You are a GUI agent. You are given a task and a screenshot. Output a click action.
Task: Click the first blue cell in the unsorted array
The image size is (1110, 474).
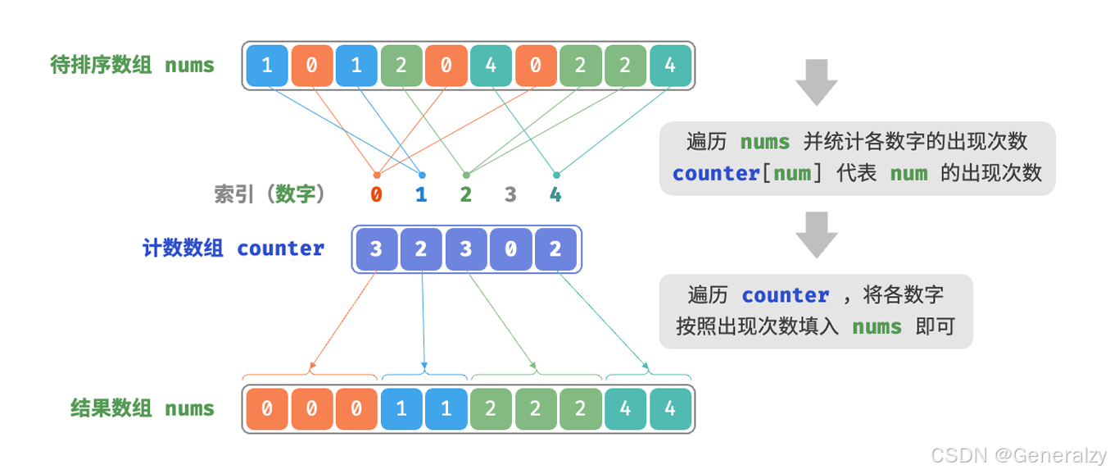267,66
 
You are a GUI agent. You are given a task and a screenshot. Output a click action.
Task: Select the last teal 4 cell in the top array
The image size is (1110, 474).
670,66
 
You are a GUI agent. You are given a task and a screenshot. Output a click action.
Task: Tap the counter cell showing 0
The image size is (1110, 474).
510,249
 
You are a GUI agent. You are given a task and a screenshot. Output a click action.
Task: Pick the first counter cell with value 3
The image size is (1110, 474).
376,249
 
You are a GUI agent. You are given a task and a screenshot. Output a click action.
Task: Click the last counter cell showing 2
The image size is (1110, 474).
555,249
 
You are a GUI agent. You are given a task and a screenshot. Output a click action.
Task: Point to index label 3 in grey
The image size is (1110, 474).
510,195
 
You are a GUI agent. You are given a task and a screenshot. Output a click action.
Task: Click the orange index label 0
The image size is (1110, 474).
376,195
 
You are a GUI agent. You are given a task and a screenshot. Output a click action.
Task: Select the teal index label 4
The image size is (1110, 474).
555,195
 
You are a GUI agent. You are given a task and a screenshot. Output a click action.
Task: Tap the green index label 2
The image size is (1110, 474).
465,195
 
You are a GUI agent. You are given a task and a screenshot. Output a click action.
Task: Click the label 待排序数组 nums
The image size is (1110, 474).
133,66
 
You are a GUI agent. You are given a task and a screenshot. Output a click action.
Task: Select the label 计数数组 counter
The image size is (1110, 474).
233,248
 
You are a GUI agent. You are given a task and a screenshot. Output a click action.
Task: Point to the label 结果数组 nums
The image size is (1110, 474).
143,408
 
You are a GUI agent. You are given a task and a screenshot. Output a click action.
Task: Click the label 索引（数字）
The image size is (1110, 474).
270,194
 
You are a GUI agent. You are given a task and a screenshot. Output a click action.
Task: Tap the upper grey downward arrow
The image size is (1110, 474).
816,82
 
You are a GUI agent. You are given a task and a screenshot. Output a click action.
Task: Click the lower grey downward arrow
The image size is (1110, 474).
816,235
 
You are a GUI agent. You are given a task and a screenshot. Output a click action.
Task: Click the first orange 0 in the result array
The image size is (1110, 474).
267,408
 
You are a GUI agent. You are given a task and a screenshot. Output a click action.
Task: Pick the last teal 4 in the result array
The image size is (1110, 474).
670,408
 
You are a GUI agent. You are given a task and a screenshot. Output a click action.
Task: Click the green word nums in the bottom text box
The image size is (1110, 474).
877,326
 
